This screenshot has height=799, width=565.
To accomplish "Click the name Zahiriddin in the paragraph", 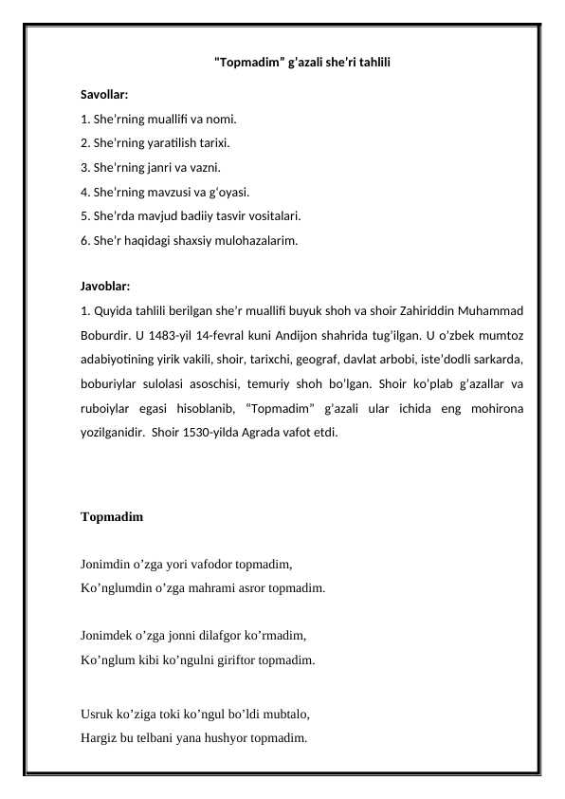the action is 428,310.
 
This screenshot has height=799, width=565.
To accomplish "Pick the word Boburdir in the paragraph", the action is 106,335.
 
